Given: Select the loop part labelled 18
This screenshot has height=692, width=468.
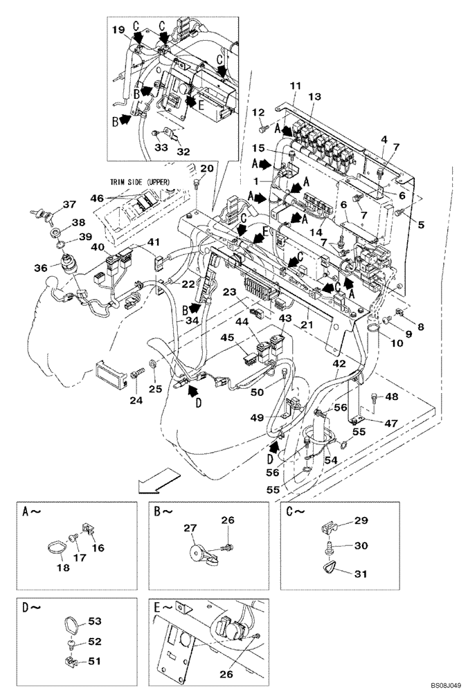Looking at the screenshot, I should pyautogui.click(x=57, y=549).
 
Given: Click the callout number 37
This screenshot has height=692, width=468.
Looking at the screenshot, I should pyautogui.click(x=69, y=204).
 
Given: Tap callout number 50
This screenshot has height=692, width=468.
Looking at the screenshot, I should pyautogui.click(x=258, y=392).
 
